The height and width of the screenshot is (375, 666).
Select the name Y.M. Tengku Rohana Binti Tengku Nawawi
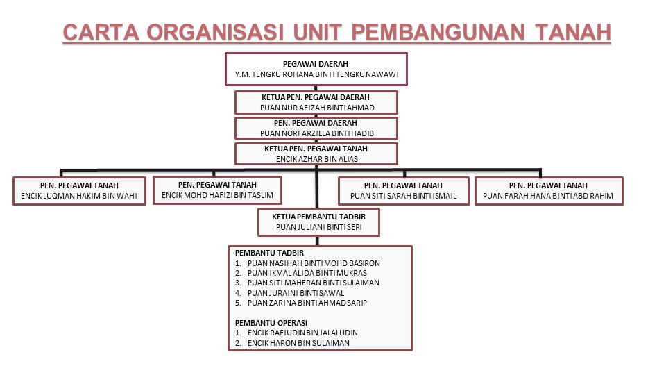click(316, 74)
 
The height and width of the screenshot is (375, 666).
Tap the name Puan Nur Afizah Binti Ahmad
click(316, 108)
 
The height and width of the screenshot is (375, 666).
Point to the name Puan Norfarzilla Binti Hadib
click(316, 133)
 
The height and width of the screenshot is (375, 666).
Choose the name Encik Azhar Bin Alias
click(316, 158)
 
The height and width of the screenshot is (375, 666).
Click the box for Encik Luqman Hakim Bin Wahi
click(79, 191)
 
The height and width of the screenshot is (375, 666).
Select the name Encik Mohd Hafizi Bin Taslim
click(217, 195)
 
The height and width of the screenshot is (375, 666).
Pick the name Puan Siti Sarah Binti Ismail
click(403, 196)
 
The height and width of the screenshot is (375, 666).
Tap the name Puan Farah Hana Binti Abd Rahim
click(548, 196)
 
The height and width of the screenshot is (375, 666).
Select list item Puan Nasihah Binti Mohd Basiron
click(313, 263)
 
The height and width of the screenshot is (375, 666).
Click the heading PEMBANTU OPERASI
click(270, 323)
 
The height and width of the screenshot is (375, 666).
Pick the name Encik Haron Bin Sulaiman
click(298, 342)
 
